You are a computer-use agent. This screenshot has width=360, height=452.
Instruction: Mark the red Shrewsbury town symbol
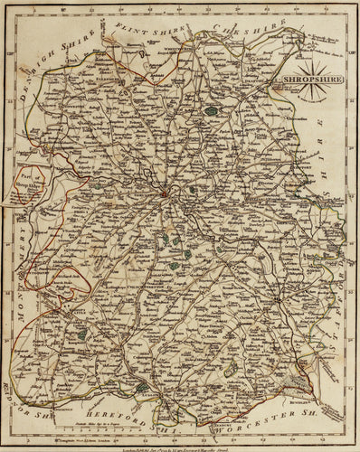165,192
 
